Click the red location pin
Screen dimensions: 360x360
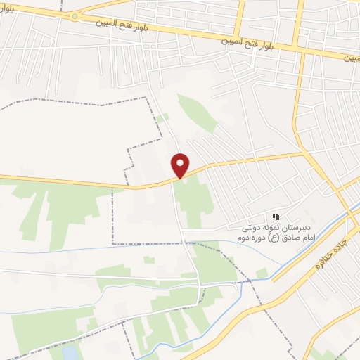coord(181,165)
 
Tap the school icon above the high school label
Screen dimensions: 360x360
coord(276,217)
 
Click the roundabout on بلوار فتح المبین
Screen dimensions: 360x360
coord(74,17)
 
